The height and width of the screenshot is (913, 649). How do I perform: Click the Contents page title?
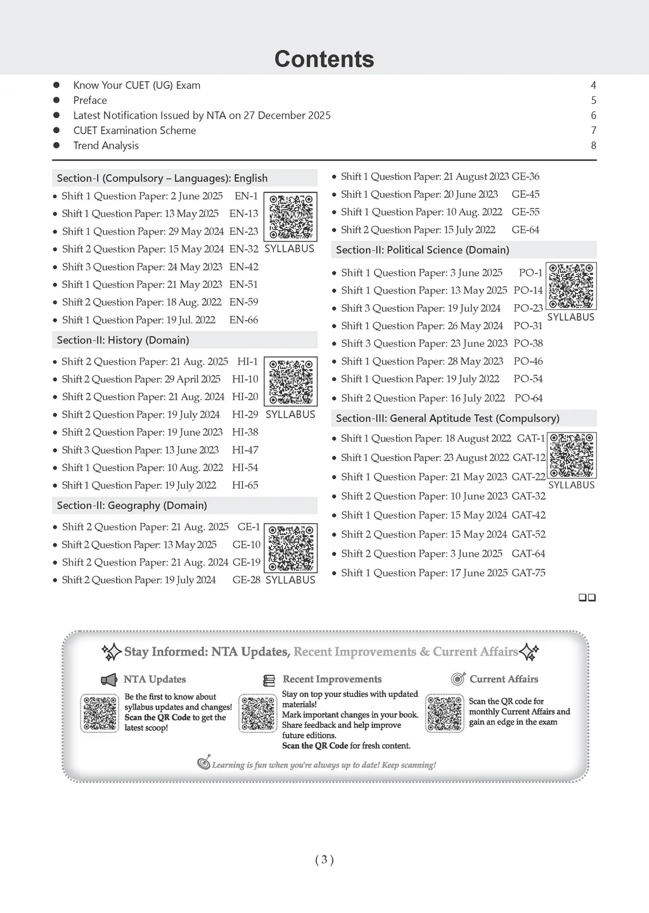(324, 59)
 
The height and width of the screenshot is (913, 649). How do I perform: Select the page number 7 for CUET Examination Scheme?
(593, 130)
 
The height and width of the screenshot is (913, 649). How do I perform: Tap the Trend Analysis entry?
(106, 145)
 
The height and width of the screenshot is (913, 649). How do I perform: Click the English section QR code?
(290, 216)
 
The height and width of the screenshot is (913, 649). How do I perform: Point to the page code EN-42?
(244, 267)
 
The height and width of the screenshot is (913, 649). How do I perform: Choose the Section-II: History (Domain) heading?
(123, 340)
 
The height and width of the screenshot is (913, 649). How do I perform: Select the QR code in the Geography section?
(290, 548)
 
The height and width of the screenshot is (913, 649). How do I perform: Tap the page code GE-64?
(525, 230)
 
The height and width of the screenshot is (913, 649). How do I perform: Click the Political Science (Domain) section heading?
(423, 250)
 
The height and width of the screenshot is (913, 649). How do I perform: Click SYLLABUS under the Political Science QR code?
(570, 317)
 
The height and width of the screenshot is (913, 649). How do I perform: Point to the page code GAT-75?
(529, 573)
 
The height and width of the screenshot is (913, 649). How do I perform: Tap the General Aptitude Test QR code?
(572, 456)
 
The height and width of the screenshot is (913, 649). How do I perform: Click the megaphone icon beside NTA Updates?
(109, 680)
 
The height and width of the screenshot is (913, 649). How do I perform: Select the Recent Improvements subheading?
(332, 679)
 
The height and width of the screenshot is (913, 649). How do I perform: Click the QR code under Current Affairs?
(445, 713)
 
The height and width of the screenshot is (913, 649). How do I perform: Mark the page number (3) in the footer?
(324, 860)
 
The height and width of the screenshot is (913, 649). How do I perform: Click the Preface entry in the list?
(90, 100)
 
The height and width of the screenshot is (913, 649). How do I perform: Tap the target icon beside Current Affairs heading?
(458, 679)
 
